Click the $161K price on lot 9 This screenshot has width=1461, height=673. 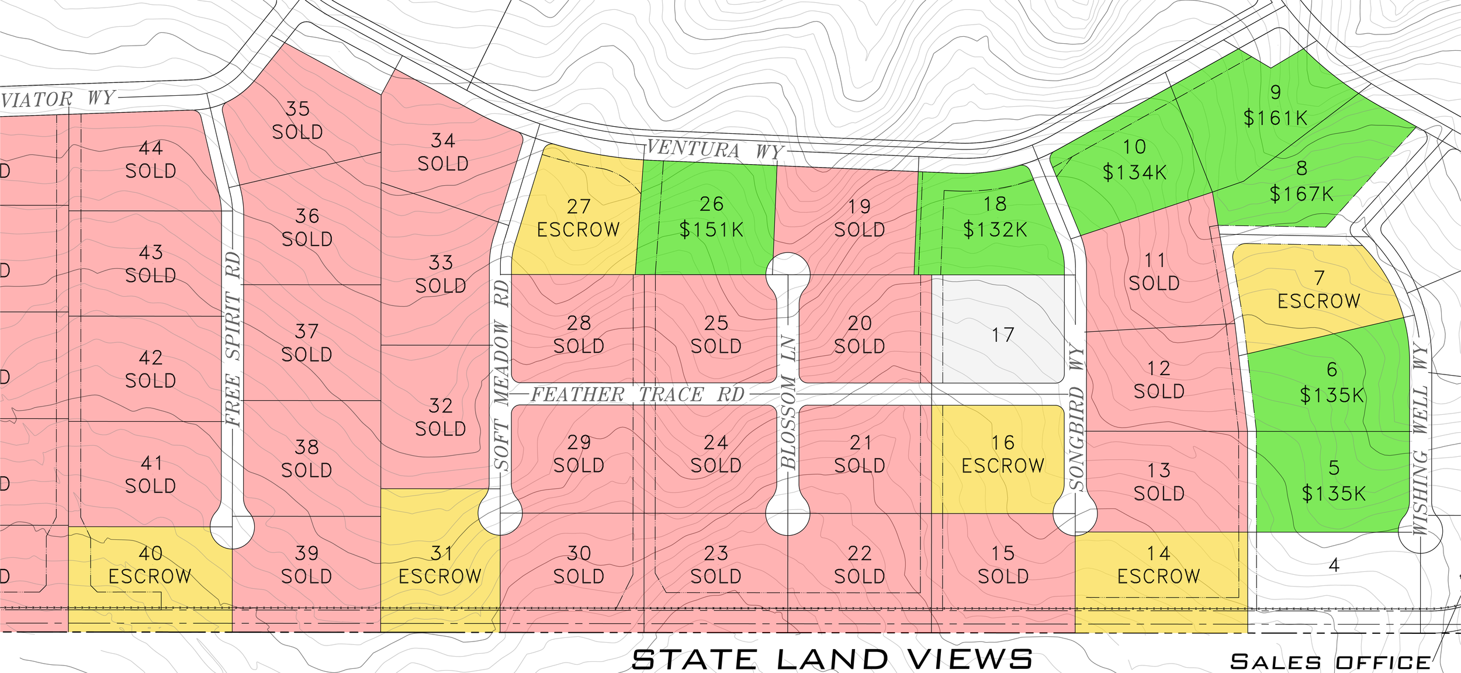(x=1275, y=119)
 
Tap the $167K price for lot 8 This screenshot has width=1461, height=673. (x=1301, y=194)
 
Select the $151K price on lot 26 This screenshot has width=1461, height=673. (x=711, y=230)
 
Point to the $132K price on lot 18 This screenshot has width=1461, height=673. (x=995, y=230)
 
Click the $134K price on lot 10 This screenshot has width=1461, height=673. (x=1134, y=173)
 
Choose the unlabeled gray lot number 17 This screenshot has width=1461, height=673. (x=1003, y=335)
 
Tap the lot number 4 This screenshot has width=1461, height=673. (x=1334, y=566)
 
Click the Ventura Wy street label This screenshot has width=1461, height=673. (x=714, y=150)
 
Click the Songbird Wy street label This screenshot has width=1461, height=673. (x=1076, y=418)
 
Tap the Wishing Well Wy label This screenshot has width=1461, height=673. (x=1420, y=440)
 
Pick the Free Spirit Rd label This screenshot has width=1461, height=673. (x=233, y=339)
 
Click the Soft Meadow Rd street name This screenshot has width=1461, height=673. (x=501, y=375)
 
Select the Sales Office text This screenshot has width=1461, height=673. (x=1330, y=662)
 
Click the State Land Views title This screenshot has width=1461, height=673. (x=832, y=660)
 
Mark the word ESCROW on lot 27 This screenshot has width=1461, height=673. (x=578, y=230)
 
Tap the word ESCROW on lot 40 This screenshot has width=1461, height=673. (x=150, y=577)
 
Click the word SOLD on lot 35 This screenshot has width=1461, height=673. (x=297, y=133)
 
